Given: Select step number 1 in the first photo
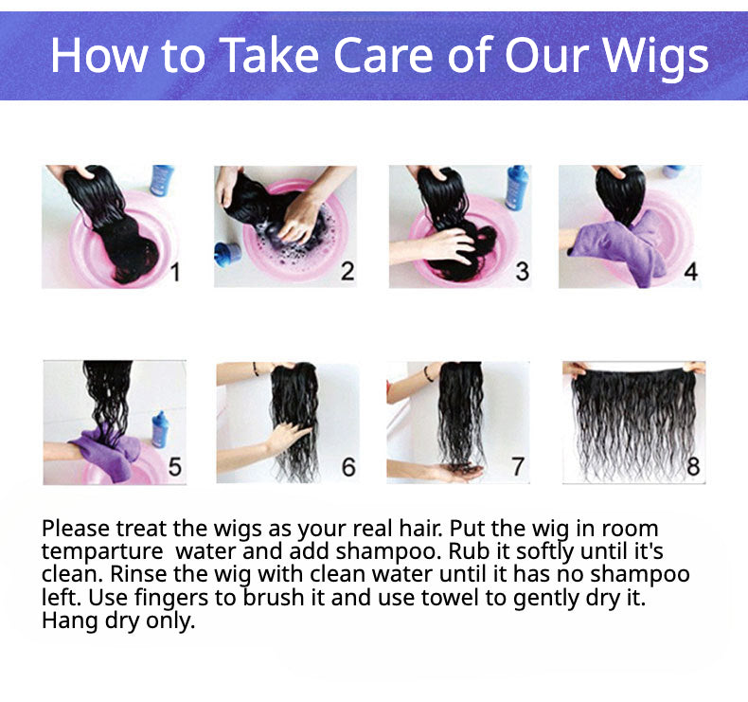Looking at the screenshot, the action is click(x=175, y=273).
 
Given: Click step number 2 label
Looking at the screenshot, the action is click(x=347, y=271).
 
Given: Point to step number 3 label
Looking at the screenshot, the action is click(x=522, y=272).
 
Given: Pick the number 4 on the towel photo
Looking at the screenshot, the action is click(x=691, y=272).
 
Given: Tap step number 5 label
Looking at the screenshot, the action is click(x=174, y=467).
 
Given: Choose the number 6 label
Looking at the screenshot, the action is click(x=348, y=467).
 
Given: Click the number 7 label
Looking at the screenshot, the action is click(x=518, y=467).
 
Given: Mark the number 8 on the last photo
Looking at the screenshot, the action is click(x=693, y=466).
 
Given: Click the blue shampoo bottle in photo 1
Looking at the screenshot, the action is click(x=162, y=180).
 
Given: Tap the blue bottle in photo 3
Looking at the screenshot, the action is click(x=517, y=188).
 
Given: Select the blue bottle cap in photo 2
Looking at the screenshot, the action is click(x=227, y=254).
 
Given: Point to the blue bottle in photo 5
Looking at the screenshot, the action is click(x=160, y=430).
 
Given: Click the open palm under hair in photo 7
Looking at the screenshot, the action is click(x=458, y=473).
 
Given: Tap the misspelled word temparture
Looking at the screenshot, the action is click(x=102, y=551).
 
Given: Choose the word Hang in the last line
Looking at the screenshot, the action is click(x=70, y=621).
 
